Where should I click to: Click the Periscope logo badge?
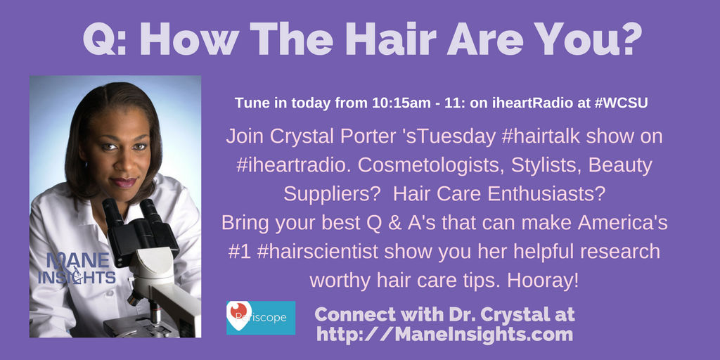[x=260, y=317]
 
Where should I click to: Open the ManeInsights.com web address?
[x=444, y=334]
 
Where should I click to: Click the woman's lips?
[x=122, y=182]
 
